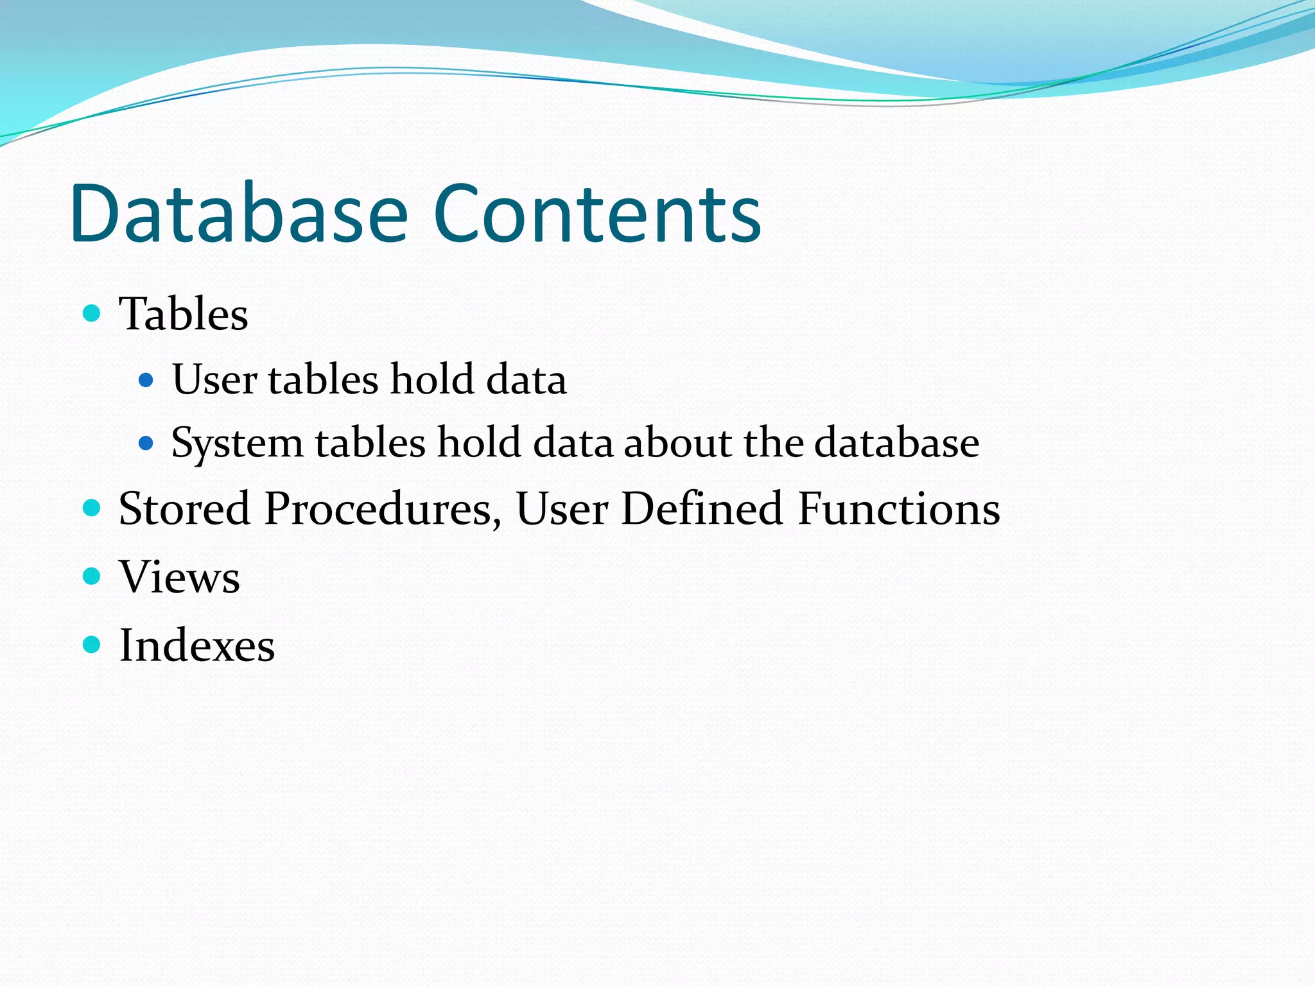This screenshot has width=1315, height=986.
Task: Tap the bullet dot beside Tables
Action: coord(92,313)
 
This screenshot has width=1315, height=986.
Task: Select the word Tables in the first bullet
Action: coord(184,315)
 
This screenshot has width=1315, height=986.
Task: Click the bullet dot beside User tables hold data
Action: coord(146,380)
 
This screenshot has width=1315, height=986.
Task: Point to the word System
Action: coord(237,444)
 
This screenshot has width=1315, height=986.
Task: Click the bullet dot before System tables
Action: coord(146,443)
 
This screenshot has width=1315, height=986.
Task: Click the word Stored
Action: coord(184,508)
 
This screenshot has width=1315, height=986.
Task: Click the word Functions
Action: coord(899,508)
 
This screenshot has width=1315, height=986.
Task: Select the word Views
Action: coord(179,576)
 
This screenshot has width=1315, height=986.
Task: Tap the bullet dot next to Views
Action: coord(92,576)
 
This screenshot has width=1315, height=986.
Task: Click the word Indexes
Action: coord(197,645)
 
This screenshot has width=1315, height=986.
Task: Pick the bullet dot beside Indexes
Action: coord(92,644)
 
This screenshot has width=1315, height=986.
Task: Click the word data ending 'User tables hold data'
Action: coord(527,379)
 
